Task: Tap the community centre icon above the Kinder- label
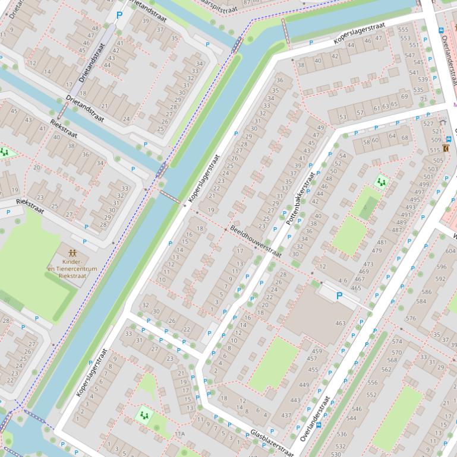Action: coord(72,253)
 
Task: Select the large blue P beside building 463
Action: coord(339,296)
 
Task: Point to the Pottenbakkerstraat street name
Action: coord(300,199)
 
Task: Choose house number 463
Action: coord(340,323)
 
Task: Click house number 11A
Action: coord(179,434)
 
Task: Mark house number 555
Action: coord(404,29)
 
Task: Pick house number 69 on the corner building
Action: coord(405,97)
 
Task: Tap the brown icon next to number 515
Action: coord(446,148)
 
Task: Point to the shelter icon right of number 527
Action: coord(442,122)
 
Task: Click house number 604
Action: coord(450,251)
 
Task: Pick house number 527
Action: coord(428,123)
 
